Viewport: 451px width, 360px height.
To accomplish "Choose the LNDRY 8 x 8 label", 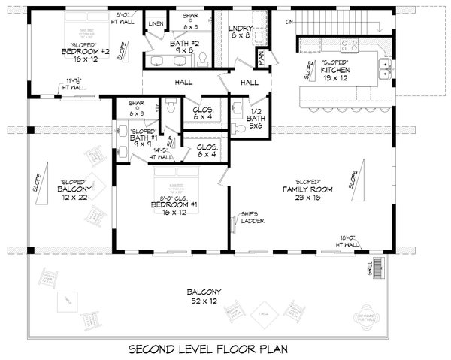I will [x=241, y=32].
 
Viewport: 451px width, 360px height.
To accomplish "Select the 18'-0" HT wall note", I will [x=350, y=242].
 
